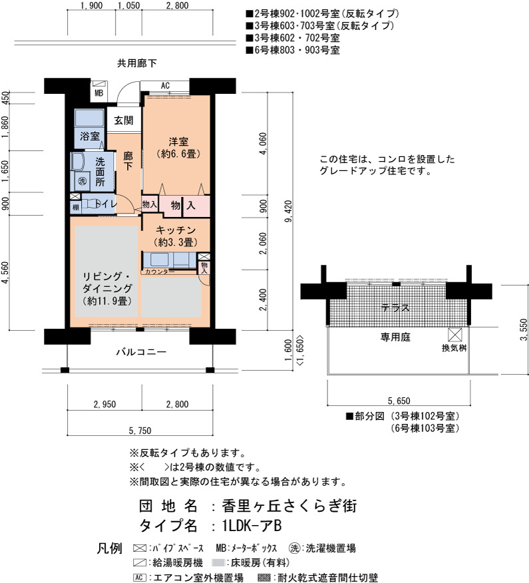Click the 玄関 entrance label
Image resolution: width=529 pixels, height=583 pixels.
tap(123, 120)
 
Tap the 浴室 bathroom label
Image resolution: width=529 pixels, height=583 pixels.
tap(90, 136)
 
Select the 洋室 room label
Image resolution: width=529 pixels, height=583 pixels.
tap(178, 141)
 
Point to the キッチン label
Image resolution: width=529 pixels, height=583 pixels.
tap(176, 230)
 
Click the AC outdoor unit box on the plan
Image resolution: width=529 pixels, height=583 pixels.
tap(165, 86)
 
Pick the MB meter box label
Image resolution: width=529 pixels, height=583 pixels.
tap(99, 93)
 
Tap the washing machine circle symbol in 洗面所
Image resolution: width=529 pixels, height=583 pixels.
tap(82, 181)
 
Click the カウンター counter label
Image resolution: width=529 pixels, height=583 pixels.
tap(160, 272)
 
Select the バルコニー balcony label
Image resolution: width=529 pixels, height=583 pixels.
tap(141, 352)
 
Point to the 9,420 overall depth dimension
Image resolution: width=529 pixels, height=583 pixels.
tap(288, 211)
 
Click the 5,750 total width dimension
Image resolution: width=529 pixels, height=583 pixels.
tap(140, 431)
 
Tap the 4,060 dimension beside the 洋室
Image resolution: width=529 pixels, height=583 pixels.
tap(263, 144)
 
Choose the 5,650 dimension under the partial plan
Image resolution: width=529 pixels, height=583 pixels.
tap(399, 401)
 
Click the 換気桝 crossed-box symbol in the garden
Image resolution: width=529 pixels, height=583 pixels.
tap(454, 335)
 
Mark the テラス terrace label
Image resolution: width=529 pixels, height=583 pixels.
tap(395, 308)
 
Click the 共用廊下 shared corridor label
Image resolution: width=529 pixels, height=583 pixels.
tap(137, 63)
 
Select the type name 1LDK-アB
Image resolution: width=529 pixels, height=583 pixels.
tap(252, 526)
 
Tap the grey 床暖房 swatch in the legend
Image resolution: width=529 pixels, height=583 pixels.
tap(218, 563)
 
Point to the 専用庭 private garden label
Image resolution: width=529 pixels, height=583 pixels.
tap(395, 337)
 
